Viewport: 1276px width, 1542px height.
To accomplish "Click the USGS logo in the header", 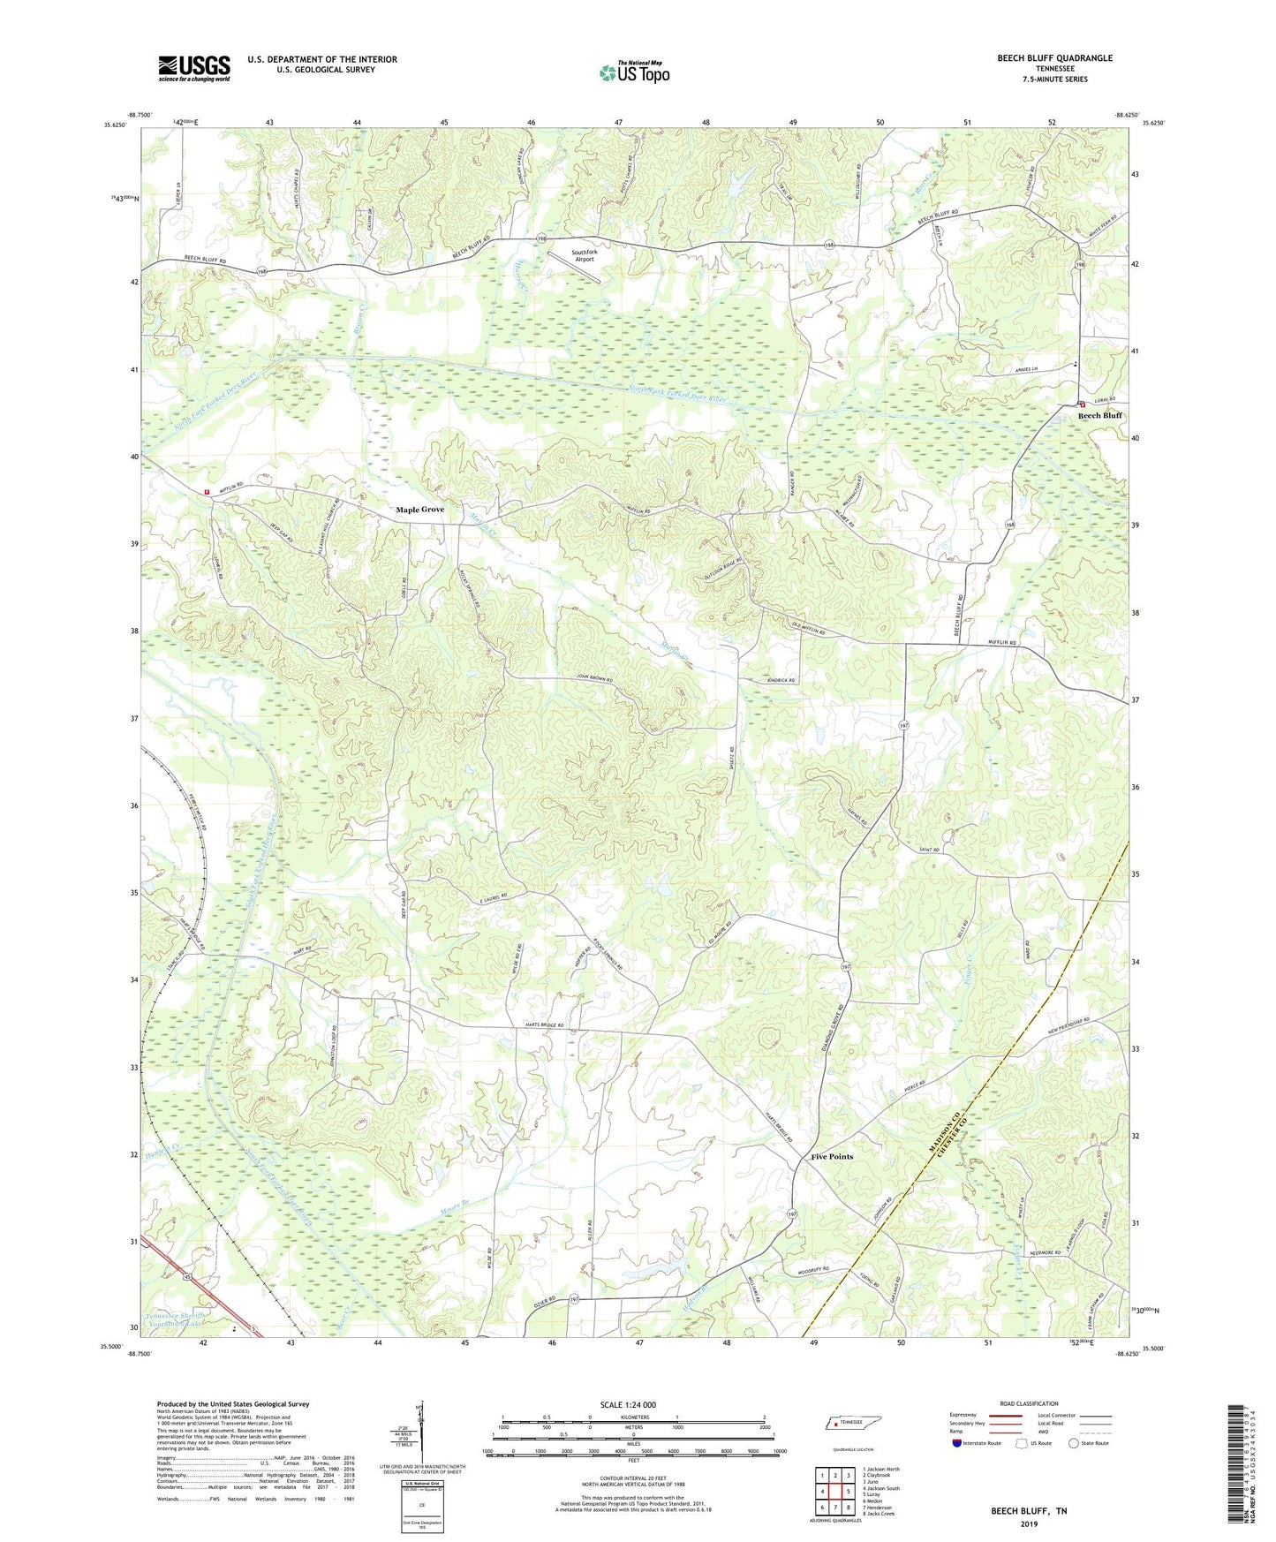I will point(194,68).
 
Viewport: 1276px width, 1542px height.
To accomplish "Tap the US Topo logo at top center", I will point(634,72).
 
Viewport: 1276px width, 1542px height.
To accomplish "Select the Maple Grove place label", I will point(419,510).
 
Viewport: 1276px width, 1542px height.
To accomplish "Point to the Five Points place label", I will point(832,1156).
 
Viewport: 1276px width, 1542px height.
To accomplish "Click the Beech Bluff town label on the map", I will point(1099,415).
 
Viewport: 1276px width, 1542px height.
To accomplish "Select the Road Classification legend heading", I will point(1028,1403).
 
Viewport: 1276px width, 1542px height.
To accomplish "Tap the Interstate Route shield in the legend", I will point(957,1443).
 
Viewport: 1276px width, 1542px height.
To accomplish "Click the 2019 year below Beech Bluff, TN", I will point(1028,1523).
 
